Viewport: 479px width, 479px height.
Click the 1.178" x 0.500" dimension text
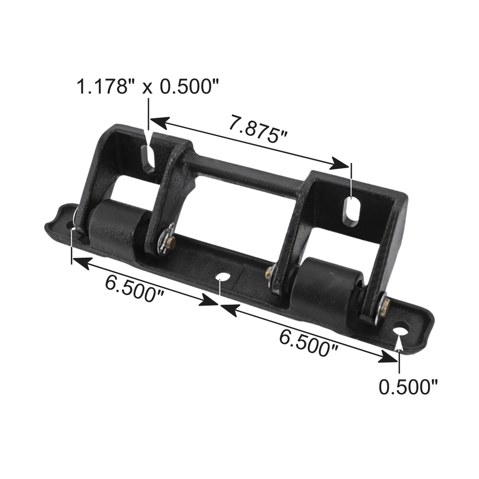point(148,87)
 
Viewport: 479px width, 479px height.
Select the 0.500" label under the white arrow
point(408,387)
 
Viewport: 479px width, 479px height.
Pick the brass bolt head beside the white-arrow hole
point(385,308)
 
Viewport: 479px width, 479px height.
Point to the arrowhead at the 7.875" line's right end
point(339,163)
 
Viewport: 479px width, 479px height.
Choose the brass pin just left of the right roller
point(269,272)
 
